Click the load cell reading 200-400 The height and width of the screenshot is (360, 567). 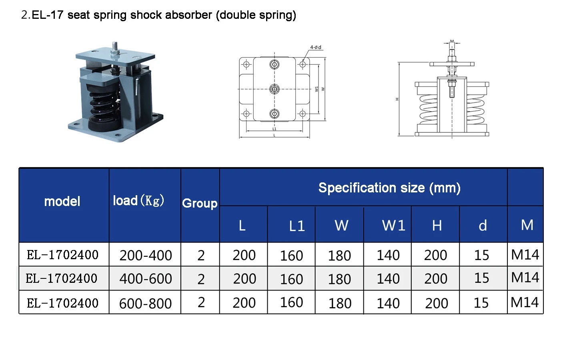[146, 255]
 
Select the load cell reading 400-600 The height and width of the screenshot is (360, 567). [146, 279]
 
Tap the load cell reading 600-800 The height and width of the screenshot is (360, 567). [146, 303]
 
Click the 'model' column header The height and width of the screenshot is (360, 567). [62, 201]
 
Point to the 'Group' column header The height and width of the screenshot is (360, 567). [200, 203]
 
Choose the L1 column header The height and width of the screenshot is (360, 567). [297, 226]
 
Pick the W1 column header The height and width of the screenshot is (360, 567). [393, 226]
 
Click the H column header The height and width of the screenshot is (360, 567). [437, 226]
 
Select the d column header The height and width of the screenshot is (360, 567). [483, 226]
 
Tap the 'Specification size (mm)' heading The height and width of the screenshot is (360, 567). [389, 188]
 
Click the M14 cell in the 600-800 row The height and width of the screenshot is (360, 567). [525, 302]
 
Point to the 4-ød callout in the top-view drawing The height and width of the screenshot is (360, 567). [315, 47]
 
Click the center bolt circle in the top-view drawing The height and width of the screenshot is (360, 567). [274, 89]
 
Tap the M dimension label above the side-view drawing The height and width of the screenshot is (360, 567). [452, 41]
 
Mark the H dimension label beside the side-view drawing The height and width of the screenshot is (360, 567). [397, 99]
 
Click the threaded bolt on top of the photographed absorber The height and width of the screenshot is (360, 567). [115, 47]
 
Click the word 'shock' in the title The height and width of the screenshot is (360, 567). [146, 15]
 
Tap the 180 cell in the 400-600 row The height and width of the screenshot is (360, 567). [339, 279]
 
